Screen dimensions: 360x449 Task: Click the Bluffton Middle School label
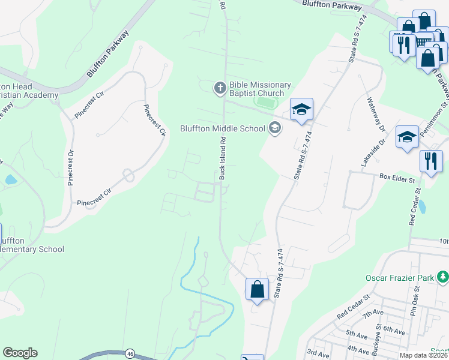223,128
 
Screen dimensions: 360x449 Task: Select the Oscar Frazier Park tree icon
443,277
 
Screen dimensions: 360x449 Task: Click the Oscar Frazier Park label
400,278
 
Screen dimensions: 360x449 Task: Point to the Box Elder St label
397,178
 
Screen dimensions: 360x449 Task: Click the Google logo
20,353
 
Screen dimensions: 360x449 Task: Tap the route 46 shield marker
130,354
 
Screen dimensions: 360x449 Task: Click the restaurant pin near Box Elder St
431,161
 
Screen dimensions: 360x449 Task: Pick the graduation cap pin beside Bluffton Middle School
301,109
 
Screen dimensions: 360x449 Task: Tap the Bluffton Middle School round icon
275,128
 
